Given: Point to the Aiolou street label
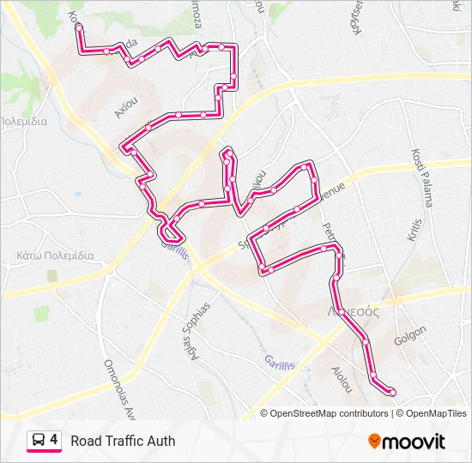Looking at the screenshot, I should tap(341, 380).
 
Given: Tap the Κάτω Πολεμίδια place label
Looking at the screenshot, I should tap(54, 256).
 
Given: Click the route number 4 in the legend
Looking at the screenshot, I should tap(54, 440).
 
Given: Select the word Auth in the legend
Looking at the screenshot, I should tap(160, 441).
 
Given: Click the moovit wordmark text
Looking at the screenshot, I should tap(414, 442).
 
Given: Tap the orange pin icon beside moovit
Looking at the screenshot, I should tap(374, 442).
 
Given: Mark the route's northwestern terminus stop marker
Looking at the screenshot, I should tap(79, 27).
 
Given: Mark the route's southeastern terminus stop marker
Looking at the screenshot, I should tap(392, 392).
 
